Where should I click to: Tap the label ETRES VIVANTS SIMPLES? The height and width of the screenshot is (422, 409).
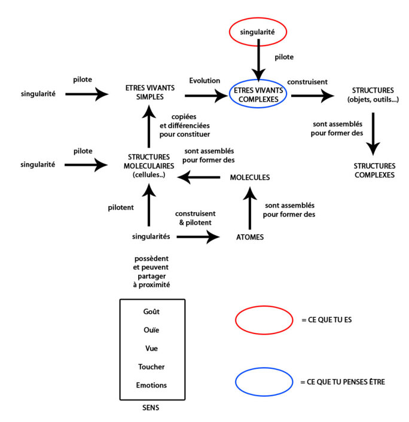pyautogui.click(x=145, y=94)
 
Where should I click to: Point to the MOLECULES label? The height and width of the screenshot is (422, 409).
pyautogui.click(x=250, y=178)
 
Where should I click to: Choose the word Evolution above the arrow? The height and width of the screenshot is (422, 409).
pyautogui.click(x=204, y=81)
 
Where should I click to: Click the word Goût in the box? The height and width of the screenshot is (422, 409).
pyautogui.click(x=152, y=311)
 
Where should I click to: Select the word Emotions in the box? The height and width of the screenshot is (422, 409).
pyautogui.click(x=152, y=385)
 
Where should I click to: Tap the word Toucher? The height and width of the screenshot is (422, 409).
pyautogui.click(x=152, y=366)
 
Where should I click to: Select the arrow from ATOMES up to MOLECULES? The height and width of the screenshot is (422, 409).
pyautogui.click(x=251, y=206)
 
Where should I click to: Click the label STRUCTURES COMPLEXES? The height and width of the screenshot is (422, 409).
pyautogui.click(x=374, y=170)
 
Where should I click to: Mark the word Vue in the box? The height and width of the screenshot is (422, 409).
pyautogui.click(x=152, y=348)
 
